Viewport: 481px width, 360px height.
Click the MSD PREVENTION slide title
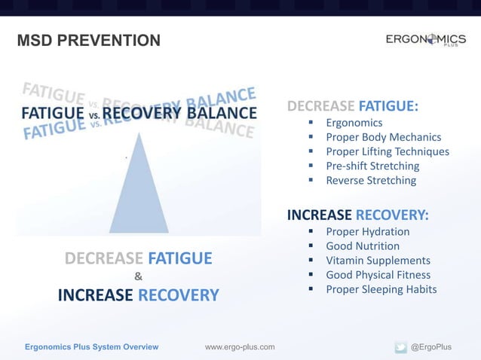(88, 40)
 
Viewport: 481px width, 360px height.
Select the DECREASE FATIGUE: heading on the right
(353, 105)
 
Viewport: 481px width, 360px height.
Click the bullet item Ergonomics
(354, 123)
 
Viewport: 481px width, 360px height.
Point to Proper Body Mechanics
(383, 137)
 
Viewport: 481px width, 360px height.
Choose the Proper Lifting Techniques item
(387, 151)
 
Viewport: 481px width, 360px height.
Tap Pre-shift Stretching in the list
(370, 166)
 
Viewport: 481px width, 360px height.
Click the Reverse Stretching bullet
(370, 181)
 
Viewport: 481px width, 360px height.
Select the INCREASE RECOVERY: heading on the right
(358, 215)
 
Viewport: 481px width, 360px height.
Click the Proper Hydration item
(367, 232)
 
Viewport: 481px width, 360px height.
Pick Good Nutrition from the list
(363, 246)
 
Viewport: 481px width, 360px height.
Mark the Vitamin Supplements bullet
(378, 261)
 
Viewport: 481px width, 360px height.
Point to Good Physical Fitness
(378, 275)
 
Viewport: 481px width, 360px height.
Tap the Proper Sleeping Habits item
(381, 289)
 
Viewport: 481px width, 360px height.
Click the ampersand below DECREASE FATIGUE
(138, 276)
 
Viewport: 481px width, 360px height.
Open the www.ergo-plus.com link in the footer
(240, 346)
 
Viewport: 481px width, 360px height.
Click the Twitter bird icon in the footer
(400, 346)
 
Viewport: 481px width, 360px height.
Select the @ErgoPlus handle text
(430, 346)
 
